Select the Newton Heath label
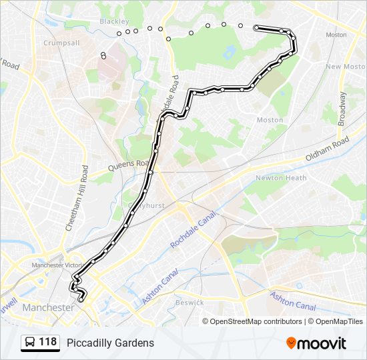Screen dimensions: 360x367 [x=280, y=178]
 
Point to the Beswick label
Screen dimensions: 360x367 [x=190, y=302]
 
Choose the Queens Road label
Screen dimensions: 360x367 [x=127, y=163]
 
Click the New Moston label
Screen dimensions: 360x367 [x=345, y=67]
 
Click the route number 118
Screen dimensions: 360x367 [x=47, y=343]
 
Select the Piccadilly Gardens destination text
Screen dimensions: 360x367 [x=110, y=343]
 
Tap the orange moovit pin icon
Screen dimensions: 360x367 [x=292, y=343]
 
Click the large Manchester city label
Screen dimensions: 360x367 [x=48, y=307]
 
